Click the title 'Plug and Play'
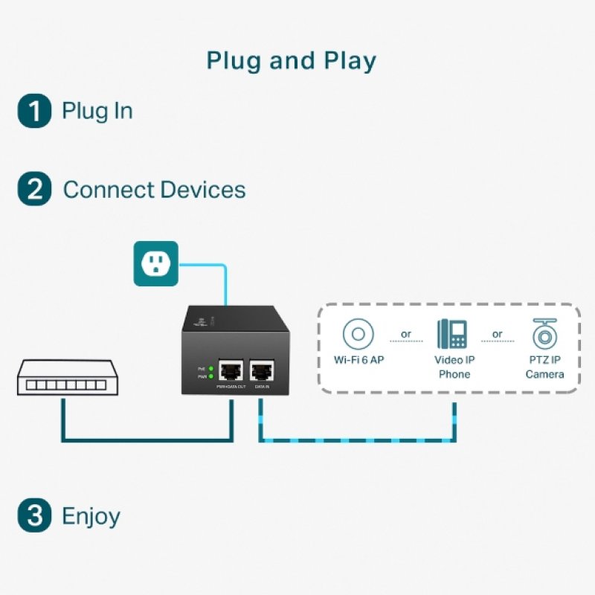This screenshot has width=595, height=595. point(292,60)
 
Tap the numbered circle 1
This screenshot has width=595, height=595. point(34,112)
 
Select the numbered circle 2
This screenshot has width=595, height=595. point(34,189)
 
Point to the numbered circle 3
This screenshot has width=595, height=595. point(34,516)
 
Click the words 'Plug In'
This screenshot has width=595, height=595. point(97,112)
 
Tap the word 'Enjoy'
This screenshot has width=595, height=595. point(91,516)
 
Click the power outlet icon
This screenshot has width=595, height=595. point(155,263)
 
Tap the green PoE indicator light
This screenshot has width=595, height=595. point(211,368)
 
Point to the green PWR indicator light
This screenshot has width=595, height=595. point(211,377)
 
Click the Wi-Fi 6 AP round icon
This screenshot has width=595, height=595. point(358,334)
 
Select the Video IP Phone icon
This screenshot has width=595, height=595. point(452,334)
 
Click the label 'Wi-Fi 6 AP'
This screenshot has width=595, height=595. point(358,360)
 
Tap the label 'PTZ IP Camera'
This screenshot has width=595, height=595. point(545,367)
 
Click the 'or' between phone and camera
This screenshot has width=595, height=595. point(497,334)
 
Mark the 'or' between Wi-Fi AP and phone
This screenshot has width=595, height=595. point(406,334)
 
